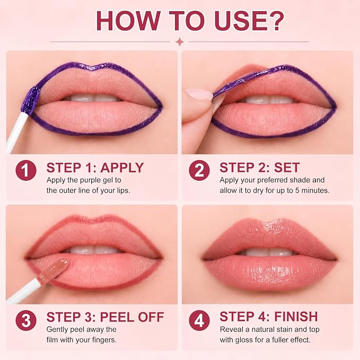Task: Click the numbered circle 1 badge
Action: (26, 170)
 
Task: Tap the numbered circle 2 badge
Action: (199, 170)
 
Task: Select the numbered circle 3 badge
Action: (26, 321)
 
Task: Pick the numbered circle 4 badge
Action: (199, 321)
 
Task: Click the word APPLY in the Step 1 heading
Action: (122, 168)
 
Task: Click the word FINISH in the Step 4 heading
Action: (296, 317)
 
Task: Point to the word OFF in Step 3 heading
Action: (151, 317)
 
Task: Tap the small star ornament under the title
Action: (180, 42)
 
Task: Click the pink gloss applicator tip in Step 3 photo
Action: (56, 269)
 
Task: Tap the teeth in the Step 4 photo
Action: (269, 252)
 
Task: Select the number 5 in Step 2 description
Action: (297, 190)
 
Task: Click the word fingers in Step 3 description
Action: (104, 340)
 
